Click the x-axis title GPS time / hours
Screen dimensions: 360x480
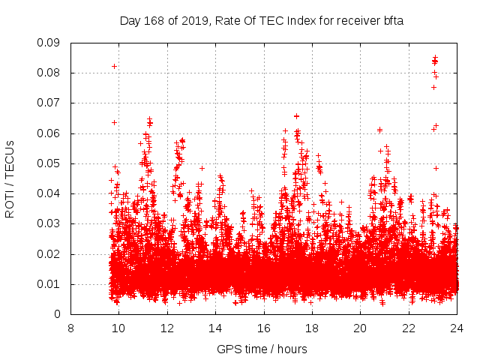[x=262, y=349]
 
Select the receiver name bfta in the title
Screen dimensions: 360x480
[x=391, y=21]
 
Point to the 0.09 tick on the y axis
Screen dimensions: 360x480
[x=49, y=43]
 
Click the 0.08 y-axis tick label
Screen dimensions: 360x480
[x=49, y=73]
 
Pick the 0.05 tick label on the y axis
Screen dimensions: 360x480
[x=49, y=163]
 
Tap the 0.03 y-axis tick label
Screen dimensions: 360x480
[x=49, y=223]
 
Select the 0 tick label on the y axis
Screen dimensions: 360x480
[x=58, y=314]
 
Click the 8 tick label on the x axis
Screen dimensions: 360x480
[x=70, y=328]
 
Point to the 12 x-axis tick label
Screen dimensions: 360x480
[x=167, y=328]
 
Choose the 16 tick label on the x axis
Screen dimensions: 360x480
[x=264, y=328]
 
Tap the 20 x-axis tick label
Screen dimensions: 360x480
[x=361, y=328]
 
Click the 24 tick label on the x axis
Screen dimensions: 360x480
[x=457, y=328]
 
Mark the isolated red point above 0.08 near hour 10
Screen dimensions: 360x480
[x=114, y=66]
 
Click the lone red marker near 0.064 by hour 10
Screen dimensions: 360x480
[x=114, y=122]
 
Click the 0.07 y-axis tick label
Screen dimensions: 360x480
[x=49, y=103]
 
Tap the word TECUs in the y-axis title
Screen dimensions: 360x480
[x=10, y=157]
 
